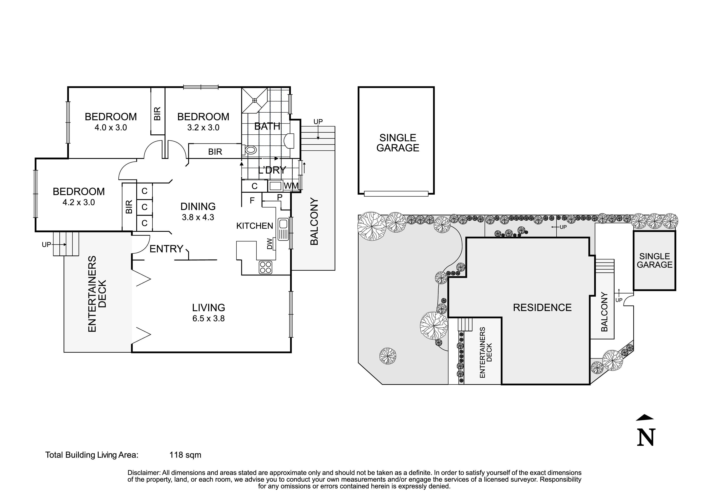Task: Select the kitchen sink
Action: click(283, 229)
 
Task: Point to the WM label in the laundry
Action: click(291, 186)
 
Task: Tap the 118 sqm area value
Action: click(185, 455)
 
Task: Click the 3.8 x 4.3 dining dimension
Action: click(198, 217)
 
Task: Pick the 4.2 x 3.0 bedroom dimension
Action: click(79, 203)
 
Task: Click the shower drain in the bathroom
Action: click(255, 100)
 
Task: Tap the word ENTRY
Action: click(167, 249)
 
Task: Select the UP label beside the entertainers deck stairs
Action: click(46, 245)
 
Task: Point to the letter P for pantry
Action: click(280, 197)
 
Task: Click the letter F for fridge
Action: click(252, 201)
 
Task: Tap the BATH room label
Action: click(267, 126)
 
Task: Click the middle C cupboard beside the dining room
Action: click(145, 207)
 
